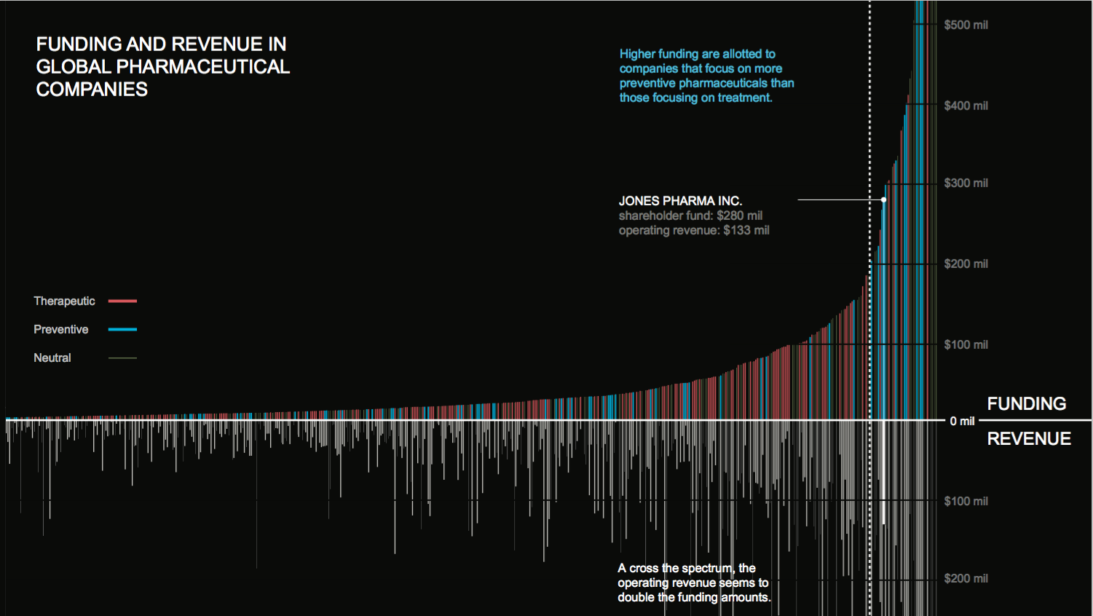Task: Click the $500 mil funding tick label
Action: (x=966, y=25)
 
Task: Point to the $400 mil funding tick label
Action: (x=966, y=106)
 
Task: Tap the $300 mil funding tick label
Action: (x=966, y=183)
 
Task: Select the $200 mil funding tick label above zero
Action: (x=966, y=264)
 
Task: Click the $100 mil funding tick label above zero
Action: (x=966, y=344)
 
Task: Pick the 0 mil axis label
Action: (x=962, y=421)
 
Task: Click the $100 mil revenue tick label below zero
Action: (x=966, y=501)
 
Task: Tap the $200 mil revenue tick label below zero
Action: (x=966, y=578)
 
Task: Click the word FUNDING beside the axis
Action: (x=1026, y=403)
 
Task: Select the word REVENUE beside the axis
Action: (x=1028, y=438)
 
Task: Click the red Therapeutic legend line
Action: (x=122, y=301)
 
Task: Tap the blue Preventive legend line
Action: (x=122, y=329)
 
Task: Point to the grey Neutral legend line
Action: (x=122, y=358)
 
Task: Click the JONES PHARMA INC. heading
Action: (x=680, y=201)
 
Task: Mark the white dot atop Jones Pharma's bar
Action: (x=883, y=200)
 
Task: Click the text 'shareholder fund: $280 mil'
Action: (x=690, y=216)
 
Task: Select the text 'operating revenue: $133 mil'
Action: (x=694, y=230)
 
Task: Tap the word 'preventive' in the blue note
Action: (x=647, y=83)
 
